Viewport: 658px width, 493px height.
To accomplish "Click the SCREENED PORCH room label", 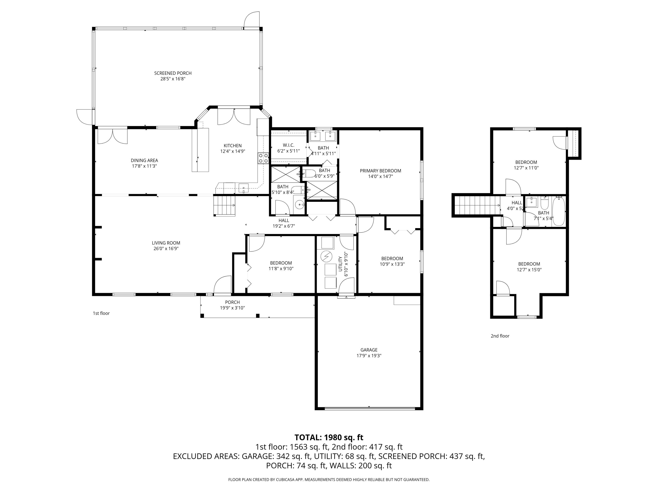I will pyautogui.click(x=173, y=73).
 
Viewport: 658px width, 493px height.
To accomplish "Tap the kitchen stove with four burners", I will pyautogui.click(x=263, y=158).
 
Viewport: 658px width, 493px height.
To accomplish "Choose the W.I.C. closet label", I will pyautogui.click(x=288, y=145).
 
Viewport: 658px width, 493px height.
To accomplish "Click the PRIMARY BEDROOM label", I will pyautogui.click(x=380, y=171).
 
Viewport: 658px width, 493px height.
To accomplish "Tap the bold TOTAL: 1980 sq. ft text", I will pyautogui.click(x=329, y=437).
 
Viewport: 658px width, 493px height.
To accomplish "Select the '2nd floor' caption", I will pyautogui.click(x=500, y=336).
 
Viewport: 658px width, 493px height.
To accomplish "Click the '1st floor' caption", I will pyautogui.click(x=101, y=313).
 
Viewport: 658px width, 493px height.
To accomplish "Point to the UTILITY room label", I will pyautogui.click(x=340, y=264).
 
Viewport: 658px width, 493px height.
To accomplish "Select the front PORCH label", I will pyautogui.click(x=232, y=302).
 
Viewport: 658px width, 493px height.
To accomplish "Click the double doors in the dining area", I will pyautogui.click(x=113, y=136).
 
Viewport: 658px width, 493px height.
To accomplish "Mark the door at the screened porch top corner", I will pyautogui.click(x=252, y=20).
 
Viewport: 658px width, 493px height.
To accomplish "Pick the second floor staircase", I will pyautogui.click(x=476, y=205).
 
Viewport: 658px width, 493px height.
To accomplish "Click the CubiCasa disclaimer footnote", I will pyautogui.click(x=329, y=479).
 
